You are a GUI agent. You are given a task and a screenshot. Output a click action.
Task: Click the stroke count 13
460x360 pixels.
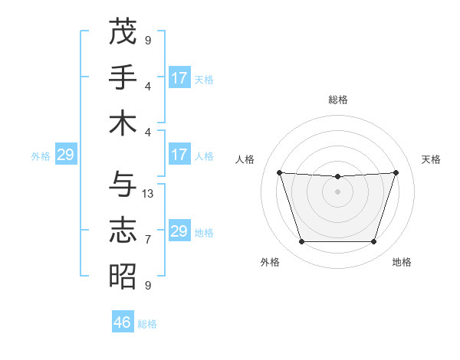(x=149, y=193)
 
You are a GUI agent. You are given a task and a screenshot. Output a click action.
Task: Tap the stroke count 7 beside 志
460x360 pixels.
(x=148, y=239)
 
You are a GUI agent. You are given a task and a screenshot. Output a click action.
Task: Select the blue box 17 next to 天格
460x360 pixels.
(x=179, y=78)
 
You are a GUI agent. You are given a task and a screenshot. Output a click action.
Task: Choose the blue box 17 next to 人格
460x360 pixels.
(x=179, y=155)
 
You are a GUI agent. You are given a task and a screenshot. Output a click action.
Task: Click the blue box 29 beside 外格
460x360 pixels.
(x=65, y=155)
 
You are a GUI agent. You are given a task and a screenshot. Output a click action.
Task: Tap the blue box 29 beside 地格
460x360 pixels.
(x=179, y=231)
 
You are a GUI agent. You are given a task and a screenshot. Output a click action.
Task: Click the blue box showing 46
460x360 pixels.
(x=123, y=322)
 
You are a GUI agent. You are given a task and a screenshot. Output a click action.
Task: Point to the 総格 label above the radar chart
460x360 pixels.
(x=338, y=100)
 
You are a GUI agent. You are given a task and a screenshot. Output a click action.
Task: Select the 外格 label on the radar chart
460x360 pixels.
(x=270, y=263)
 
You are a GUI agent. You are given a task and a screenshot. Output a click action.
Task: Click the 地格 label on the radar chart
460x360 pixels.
(x=402, y=263)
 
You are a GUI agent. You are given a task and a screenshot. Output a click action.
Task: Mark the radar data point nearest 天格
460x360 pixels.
(x=396, y=172)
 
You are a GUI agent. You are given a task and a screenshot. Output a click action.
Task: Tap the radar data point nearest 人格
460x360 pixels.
(x=279, y=172)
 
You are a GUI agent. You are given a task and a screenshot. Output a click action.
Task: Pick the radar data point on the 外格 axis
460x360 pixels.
(x=301, y=242)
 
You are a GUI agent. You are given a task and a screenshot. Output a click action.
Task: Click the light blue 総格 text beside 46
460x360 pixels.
(x=147, y=324)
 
